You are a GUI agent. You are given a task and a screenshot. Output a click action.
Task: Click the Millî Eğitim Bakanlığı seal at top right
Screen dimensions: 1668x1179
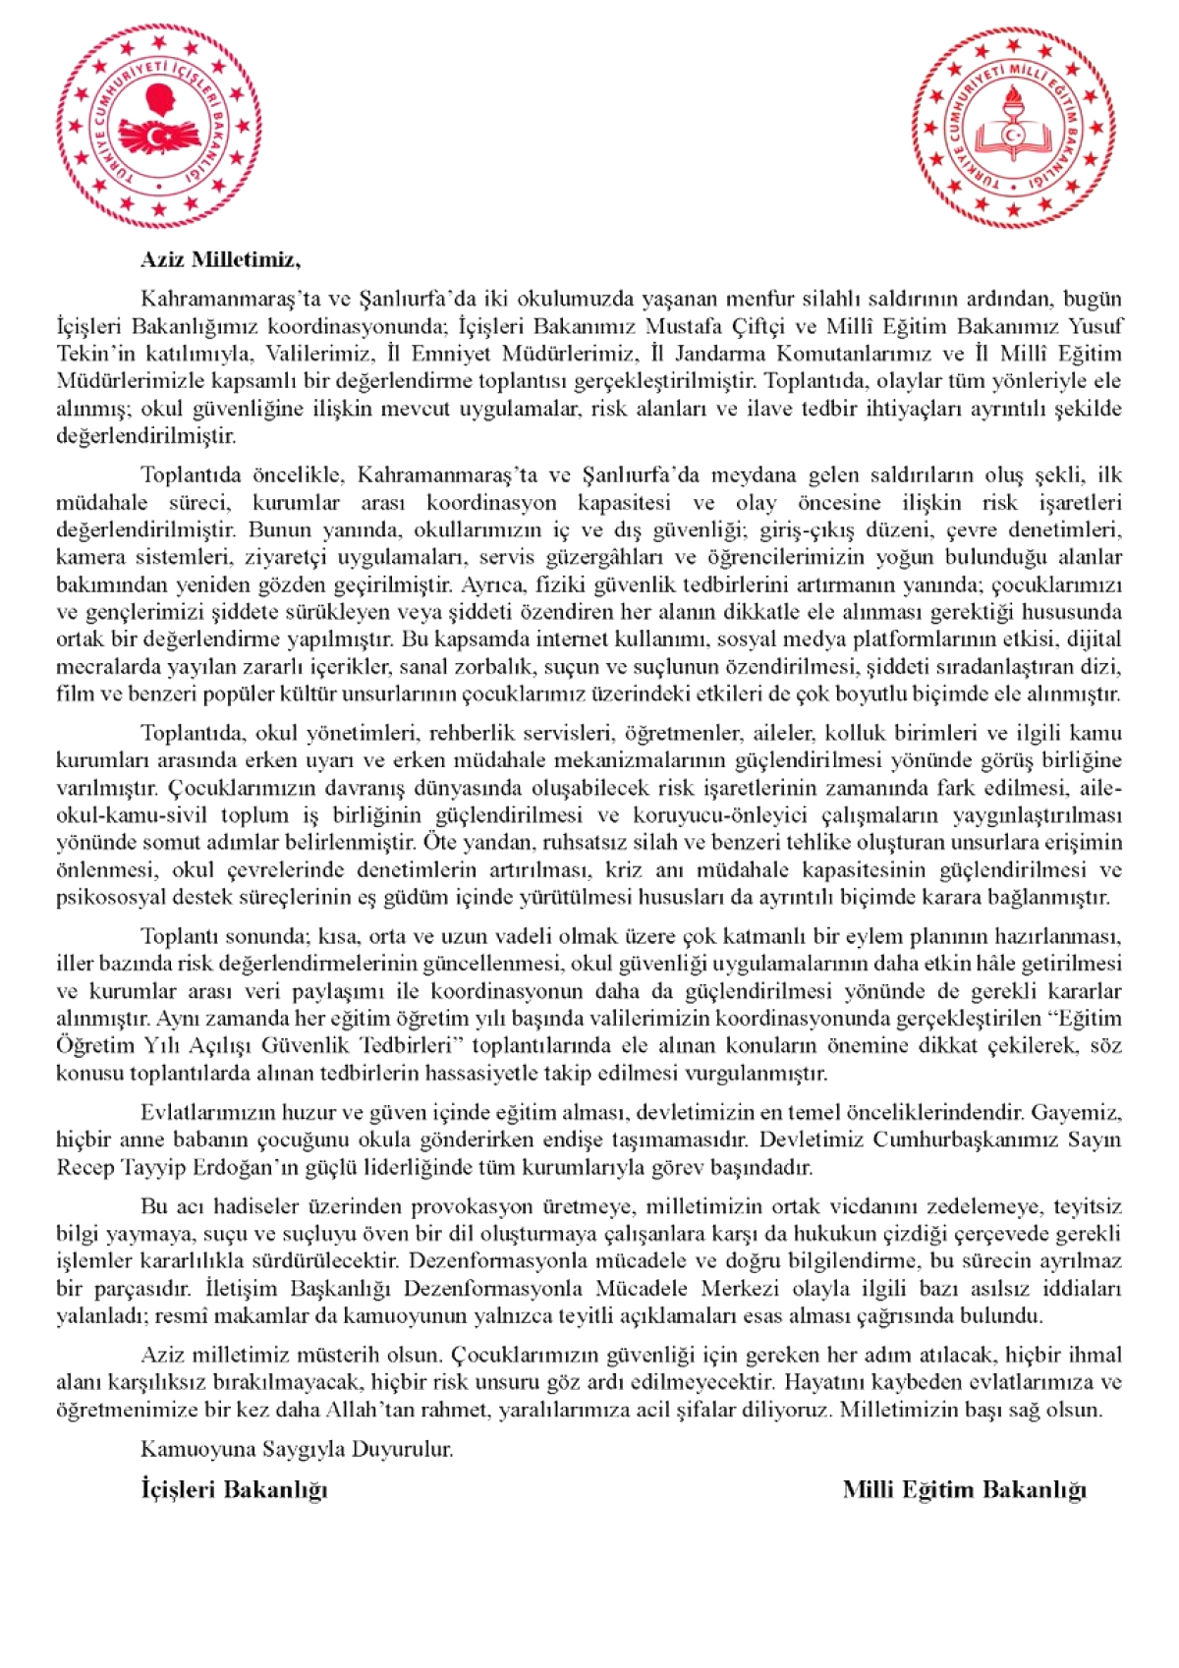1015,129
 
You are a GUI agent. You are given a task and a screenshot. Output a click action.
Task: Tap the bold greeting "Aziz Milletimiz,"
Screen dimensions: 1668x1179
221,260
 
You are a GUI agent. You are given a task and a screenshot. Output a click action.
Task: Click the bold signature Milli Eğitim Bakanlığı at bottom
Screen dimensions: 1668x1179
964,1489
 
